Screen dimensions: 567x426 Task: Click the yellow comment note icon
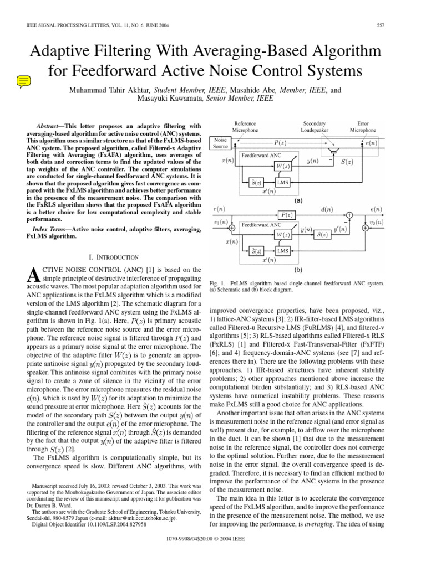click(23, 82)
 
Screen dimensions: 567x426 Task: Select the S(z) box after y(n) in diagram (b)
click(322, 235)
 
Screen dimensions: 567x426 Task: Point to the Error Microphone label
click(363, 127)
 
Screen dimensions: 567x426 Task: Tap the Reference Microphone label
click(245, 127)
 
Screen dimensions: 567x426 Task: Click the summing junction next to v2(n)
click(365, 228)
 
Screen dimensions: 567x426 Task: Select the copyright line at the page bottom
click(213, 554)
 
